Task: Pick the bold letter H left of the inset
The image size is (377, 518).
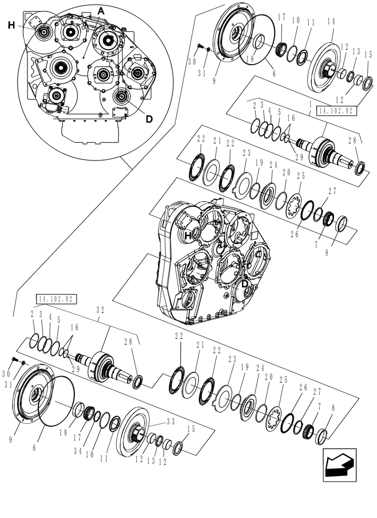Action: coord(11,25)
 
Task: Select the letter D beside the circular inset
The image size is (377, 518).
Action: coord(149,119)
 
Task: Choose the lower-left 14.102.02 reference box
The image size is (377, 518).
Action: coord(56,299)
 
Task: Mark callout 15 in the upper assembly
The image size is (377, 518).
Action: coord(368,55)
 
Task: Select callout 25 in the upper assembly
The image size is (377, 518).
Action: coord(301,176)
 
